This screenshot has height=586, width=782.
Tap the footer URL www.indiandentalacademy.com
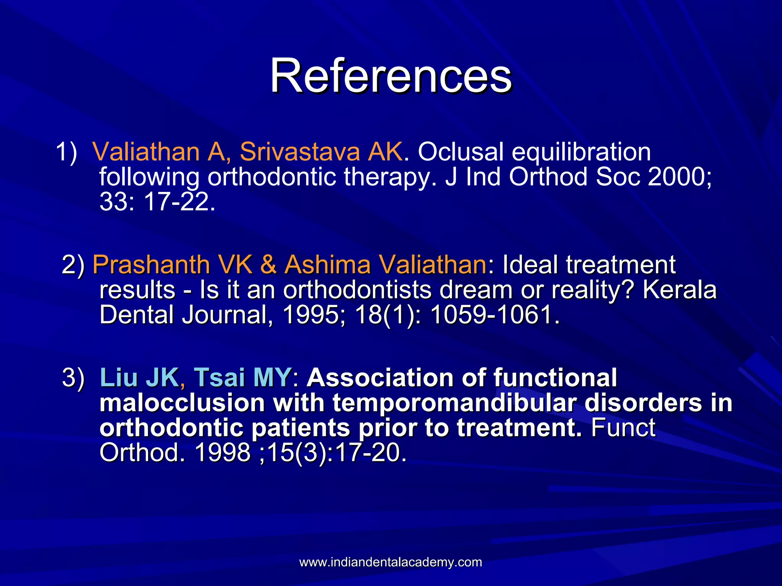click(x=390, y=562)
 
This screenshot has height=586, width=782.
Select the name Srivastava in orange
click(x=300, y=152)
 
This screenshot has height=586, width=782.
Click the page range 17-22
click(x=179, y=202)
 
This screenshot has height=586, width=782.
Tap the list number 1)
click(x=66, y=152)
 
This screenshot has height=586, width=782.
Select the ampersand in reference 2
click(x=269, y=265)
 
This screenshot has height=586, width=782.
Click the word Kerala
click(x=679, y=290)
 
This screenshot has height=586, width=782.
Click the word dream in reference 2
click(x=476, y=290)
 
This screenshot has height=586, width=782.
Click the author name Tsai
click(x=219, y=377)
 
